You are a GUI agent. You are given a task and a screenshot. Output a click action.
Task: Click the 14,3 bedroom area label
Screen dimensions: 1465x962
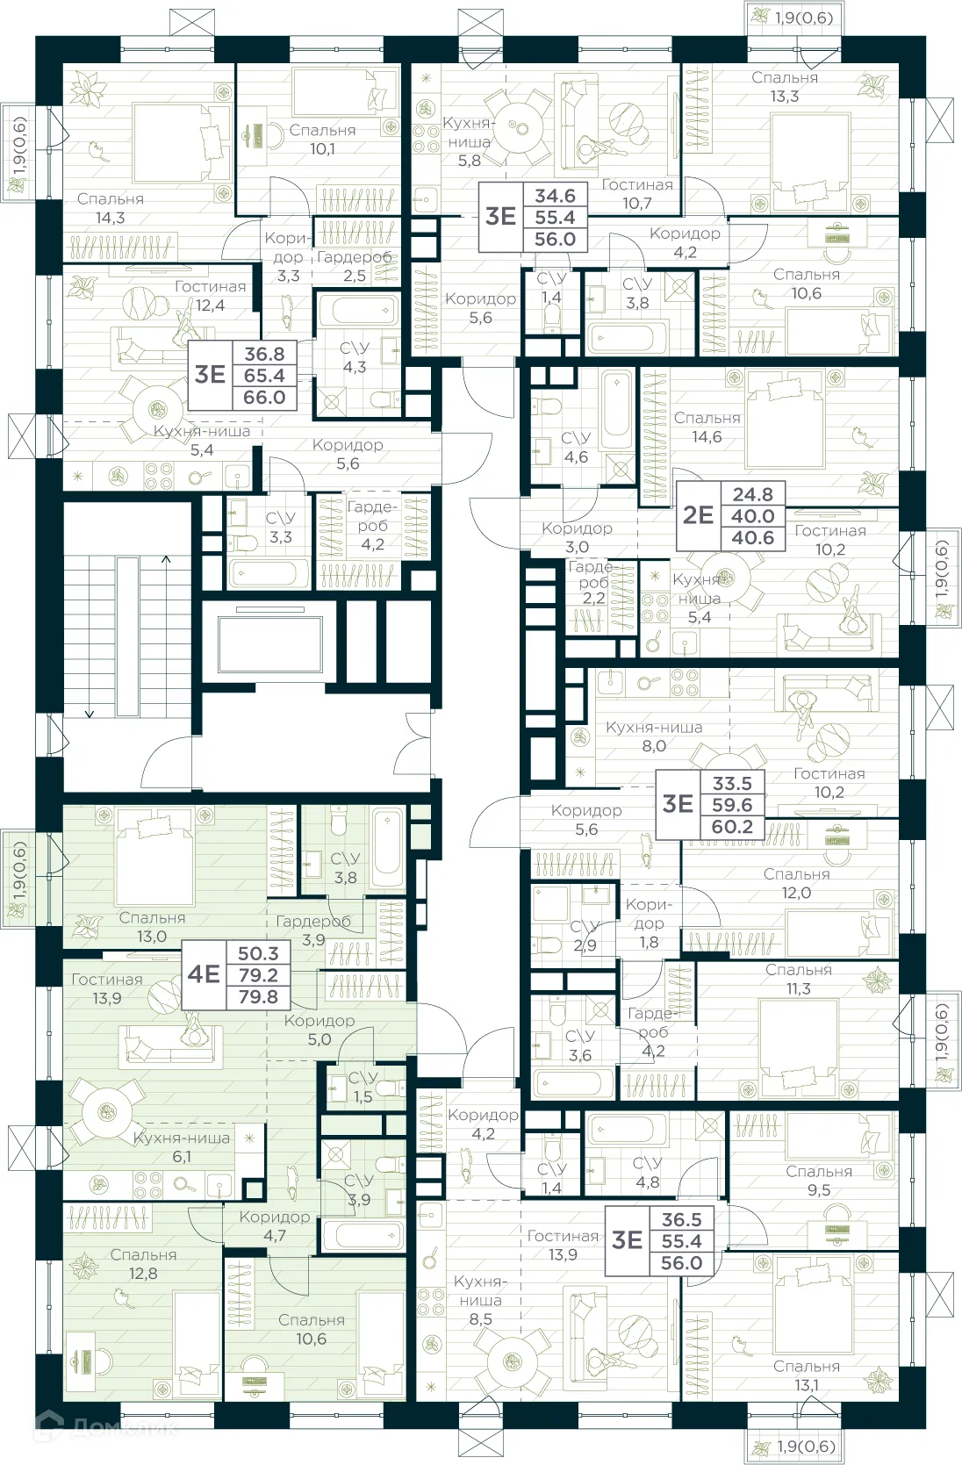[x=110, y=209]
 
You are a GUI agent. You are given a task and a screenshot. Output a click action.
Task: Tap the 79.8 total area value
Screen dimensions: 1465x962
[x=258, y=996]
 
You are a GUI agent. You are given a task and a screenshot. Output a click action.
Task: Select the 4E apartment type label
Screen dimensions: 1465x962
[x=204, y=974]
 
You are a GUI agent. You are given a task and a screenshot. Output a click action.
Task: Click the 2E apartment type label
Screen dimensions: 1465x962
[x=698, y=515]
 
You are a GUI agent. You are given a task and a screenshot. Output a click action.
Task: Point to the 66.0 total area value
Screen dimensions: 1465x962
[x=264, y=398]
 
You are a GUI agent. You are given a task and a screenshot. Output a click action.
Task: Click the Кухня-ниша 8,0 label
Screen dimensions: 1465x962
[x=654, y=736]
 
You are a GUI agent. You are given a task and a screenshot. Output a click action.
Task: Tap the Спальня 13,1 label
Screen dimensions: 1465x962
[x=807, y=1375]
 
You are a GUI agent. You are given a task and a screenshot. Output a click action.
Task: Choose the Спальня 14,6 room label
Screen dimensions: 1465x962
[x=707, y=427]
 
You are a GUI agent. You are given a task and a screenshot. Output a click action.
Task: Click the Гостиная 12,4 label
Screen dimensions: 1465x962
[x=210, y=296]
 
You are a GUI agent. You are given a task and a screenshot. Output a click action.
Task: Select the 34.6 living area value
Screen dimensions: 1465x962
[x=555, y=196]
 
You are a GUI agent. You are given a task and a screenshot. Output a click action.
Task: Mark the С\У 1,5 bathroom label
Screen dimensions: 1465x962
[x=363, y=1087]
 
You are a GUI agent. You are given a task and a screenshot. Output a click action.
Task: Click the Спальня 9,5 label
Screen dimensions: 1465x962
[x=819, y=1181]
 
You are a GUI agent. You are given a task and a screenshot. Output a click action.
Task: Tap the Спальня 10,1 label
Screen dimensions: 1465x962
[x=322, y=140]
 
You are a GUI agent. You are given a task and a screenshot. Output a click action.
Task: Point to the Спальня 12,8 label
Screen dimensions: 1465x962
[x=143, y=1264]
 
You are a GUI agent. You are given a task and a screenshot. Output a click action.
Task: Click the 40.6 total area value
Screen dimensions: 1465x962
[x=753, y=537]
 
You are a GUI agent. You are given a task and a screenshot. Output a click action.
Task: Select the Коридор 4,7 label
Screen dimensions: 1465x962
[x=275, y=1226]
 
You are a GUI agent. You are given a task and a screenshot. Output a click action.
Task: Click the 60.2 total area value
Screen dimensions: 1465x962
[x=732, y=826]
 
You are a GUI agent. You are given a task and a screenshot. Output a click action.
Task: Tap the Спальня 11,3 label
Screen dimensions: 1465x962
[x=798, y=979]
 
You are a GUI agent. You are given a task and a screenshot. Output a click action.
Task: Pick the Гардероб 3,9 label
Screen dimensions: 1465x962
[x=313, y=930]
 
